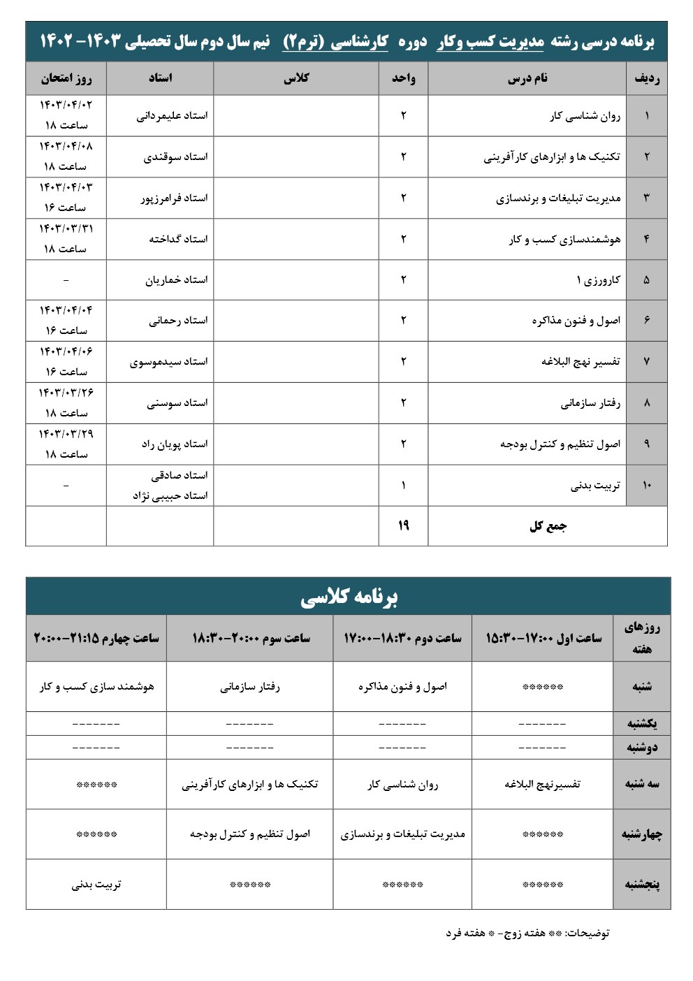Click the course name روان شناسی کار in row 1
coord(585,116)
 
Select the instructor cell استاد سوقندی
coord(175,157)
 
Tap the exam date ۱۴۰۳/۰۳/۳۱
coord(66,228)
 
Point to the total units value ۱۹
coord(403,526)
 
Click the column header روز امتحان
coord(66,78)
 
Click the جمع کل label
coord(548,526)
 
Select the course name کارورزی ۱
coord(598,280)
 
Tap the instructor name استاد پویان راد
coord(175,444)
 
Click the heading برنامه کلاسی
coord(349,597)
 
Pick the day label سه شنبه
coord(642,784)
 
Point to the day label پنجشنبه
coord(642,885)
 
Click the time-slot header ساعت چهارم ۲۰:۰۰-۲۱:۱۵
coord(96,638)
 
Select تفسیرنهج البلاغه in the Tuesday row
coord(543,784)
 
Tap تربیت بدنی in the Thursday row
coord(96,885)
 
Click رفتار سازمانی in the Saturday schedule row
coord(249,687)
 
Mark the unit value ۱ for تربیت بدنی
coord(403,486)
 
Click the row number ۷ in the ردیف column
coord(646,362)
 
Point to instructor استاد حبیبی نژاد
coord(170,496)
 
